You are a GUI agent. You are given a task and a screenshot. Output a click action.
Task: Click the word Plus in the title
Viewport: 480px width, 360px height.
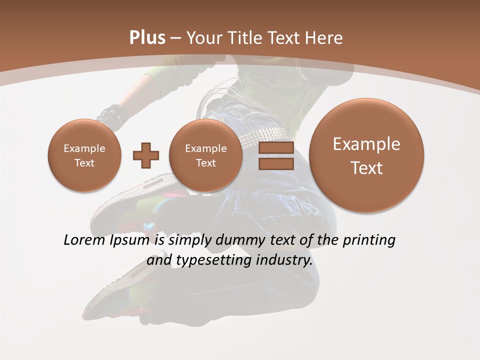147,38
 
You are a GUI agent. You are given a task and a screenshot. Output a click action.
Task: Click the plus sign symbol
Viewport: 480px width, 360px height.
146,155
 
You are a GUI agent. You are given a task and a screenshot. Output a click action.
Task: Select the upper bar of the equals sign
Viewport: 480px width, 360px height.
276,147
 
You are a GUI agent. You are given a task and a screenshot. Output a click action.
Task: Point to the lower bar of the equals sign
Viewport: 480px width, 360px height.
276,163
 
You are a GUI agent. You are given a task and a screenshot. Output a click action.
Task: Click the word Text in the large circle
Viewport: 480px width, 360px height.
366,168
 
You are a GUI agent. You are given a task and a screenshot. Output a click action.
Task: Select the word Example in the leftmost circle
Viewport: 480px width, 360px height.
84,148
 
